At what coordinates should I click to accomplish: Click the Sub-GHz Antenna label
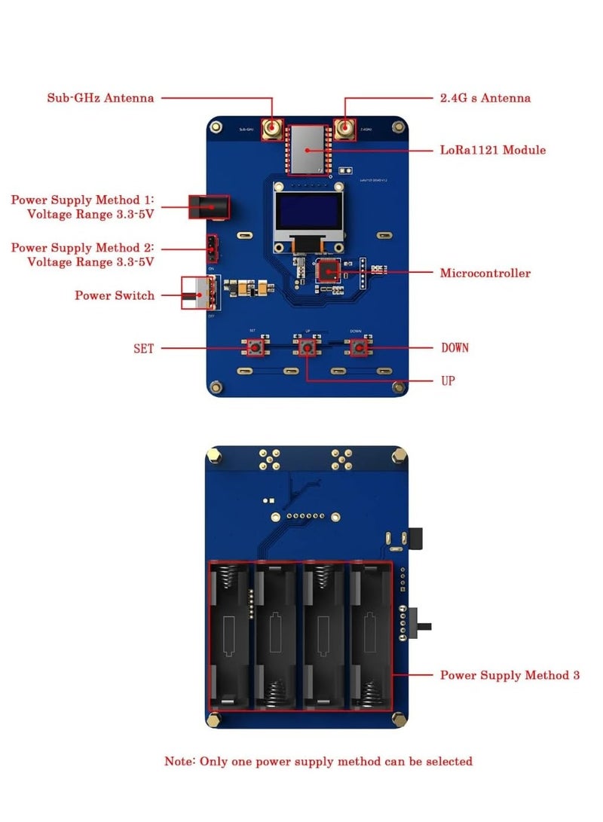(100, 98)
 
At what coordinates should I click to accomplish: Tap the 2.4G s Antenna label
(485, 98)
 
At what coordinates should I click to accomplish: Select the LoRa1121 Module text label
(492, 150)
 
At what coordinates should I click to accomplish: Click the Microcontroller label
(485, 273)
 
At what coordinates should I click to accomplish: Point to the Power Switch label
(114, 295)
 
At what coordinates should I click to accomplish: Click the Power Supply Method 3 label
(510, 675)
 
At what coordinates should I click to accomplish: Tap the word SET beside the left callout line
(143, 348)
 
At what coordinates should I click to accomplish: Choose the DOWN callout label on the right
(455, 347)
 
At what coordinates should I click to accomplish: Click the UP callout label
(448, 381)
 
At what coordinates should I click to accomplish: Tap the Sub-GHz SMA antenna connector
(271, 130)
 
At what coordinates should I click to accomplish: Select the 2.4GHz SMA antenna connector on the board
(345, 130)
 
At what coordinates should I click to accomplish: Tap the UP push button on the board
(306, 347)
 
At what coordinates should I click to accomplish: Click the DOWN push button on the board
(360, 347)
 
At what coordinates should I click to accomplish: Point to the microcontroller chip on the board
(328, 270)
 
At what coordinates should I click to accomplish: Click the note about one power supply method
(319, 762)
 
